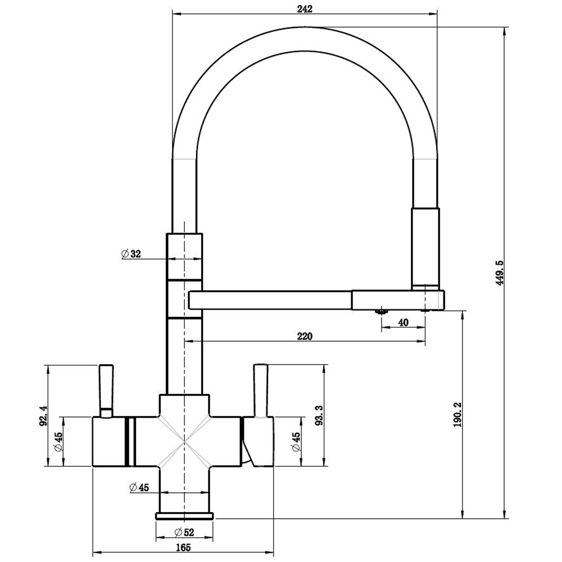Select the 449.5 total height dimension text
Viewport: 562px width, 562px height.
point(499,272)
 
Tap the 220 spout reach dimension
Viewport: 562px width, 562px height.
point(303,336)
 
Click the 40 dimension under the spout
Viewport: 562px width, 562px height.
point(403,322)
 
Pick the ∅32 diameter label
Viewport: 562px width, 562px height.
point(131,253)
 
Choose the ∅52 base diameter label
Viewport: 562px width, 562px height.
point(184,532)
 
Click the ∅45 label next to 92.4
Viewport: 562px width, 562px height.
point(57,442)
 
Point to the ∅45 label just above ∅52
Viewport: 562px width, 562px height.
point(138,487)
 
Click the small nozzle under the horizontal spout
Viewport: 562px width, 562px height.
point(382,311)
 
